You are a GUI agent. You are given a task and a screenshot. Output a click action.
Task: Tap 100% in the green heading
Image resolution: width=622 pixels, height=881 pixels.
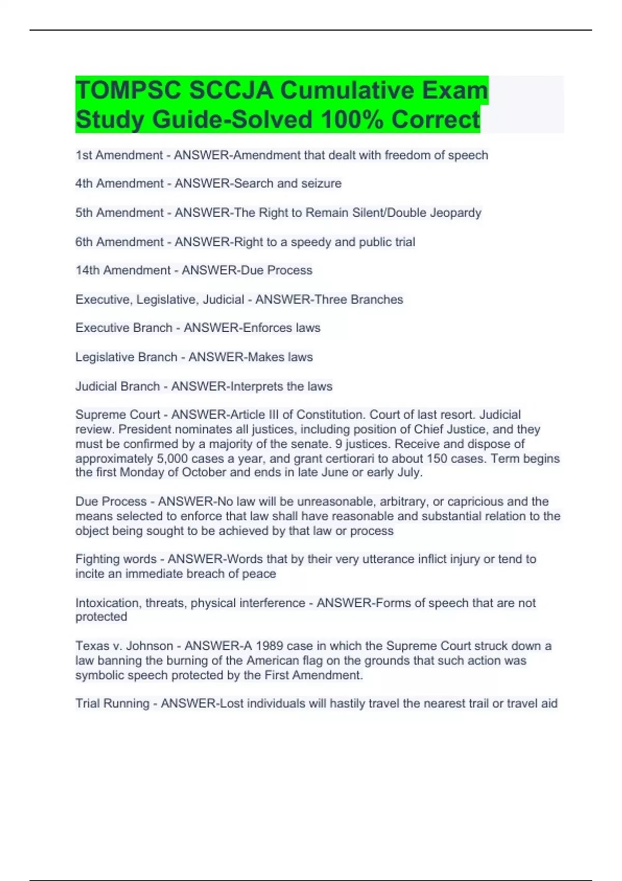click(352, 120)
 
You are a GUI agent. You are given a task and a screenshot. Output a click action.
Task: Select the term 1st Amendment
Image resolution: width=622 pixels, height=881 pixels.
click(119, 155)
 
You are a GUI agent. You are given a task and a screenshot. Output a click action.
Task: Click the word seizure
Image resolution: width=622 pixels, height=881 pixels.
click(322, 183)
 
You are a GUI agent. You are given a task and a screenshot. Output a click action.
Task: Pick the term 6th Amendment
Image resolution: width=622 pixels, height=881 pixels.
click(119, 242)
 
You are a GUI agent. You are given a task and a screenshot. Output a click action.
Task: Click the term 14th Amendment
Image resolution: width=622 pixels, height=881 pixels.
click(123, 271)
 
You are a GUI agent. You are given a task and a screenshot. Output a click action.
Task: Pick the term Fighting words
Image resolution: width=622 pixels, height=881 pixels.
click(116, 559)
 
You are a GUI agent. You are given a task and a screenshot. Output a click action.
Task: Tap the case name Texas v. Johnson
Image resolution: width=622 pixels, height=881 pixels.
click(124, 646)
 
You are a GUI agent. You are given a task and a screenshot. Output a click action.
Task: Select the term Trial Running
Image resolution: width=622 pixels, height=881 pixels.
click(112, 704)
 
